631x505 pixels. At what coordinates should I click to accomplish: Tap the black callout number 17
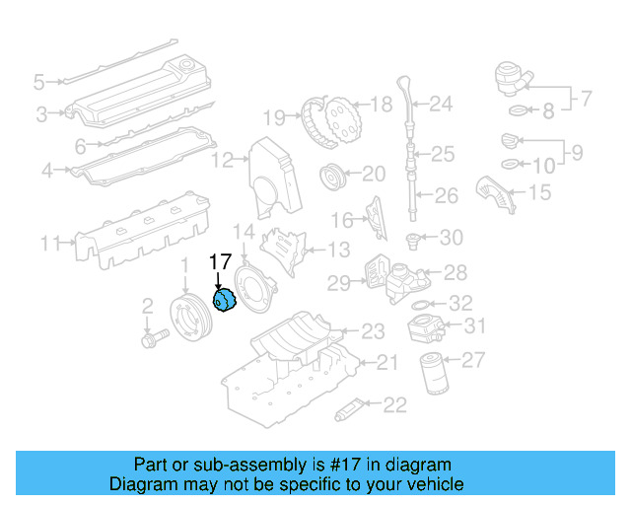(220, 262)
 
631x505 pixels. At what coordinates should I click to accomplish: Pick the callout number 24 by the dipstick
(441, 104)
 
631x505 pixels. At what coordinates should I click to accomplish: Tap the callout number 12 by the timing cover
(225, 159)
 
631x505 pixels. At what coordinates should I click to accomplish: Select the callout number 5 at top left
(38, 81)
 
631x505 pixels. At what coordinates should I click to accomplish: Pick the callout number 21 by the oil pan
(386, 363)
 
